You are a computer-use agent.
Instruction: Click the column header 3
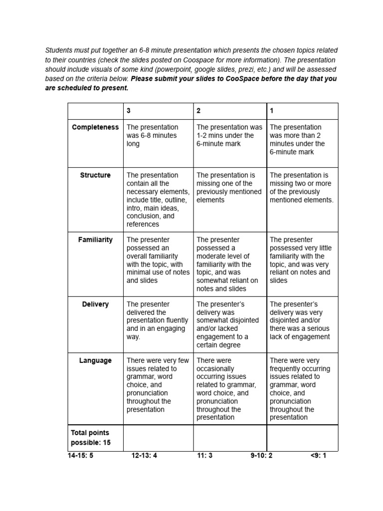(129, 111)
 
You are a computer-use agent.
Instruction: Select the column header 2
(198, 111)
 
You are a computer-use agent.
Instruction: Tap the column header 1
(272, 111)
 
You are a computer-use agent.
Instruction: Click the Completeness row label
(95, 127)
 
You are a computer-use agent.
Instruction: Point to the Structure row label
(95, 175)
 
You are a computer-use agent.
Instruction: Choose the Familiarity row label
(95, 240)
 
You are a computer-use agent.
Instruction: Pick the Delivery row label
(95, 304)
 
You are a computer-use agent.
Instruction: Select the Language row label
(95, 360)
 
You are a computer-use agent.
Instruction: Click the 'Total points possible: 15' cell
(90, 438)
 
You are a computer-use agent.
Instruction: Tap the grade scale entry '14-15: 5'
(80, 455)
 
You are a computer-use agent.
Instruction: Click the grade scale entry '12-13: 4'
(144, 455)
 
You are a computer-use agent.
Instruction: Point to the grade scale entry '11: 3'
(204, 455)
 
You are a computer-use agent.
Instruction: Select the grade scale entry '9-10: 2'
(261, 455)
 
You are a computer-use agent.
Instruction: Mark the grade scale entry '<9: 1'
(318, 455)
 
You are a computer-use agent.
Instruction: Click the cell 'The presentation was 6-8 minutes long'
(152, 135)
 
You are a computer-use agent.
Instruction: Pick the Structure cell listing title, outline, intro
(157, 200)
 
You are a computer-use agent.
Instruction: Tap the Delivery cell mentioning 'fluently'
(157, 320)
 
